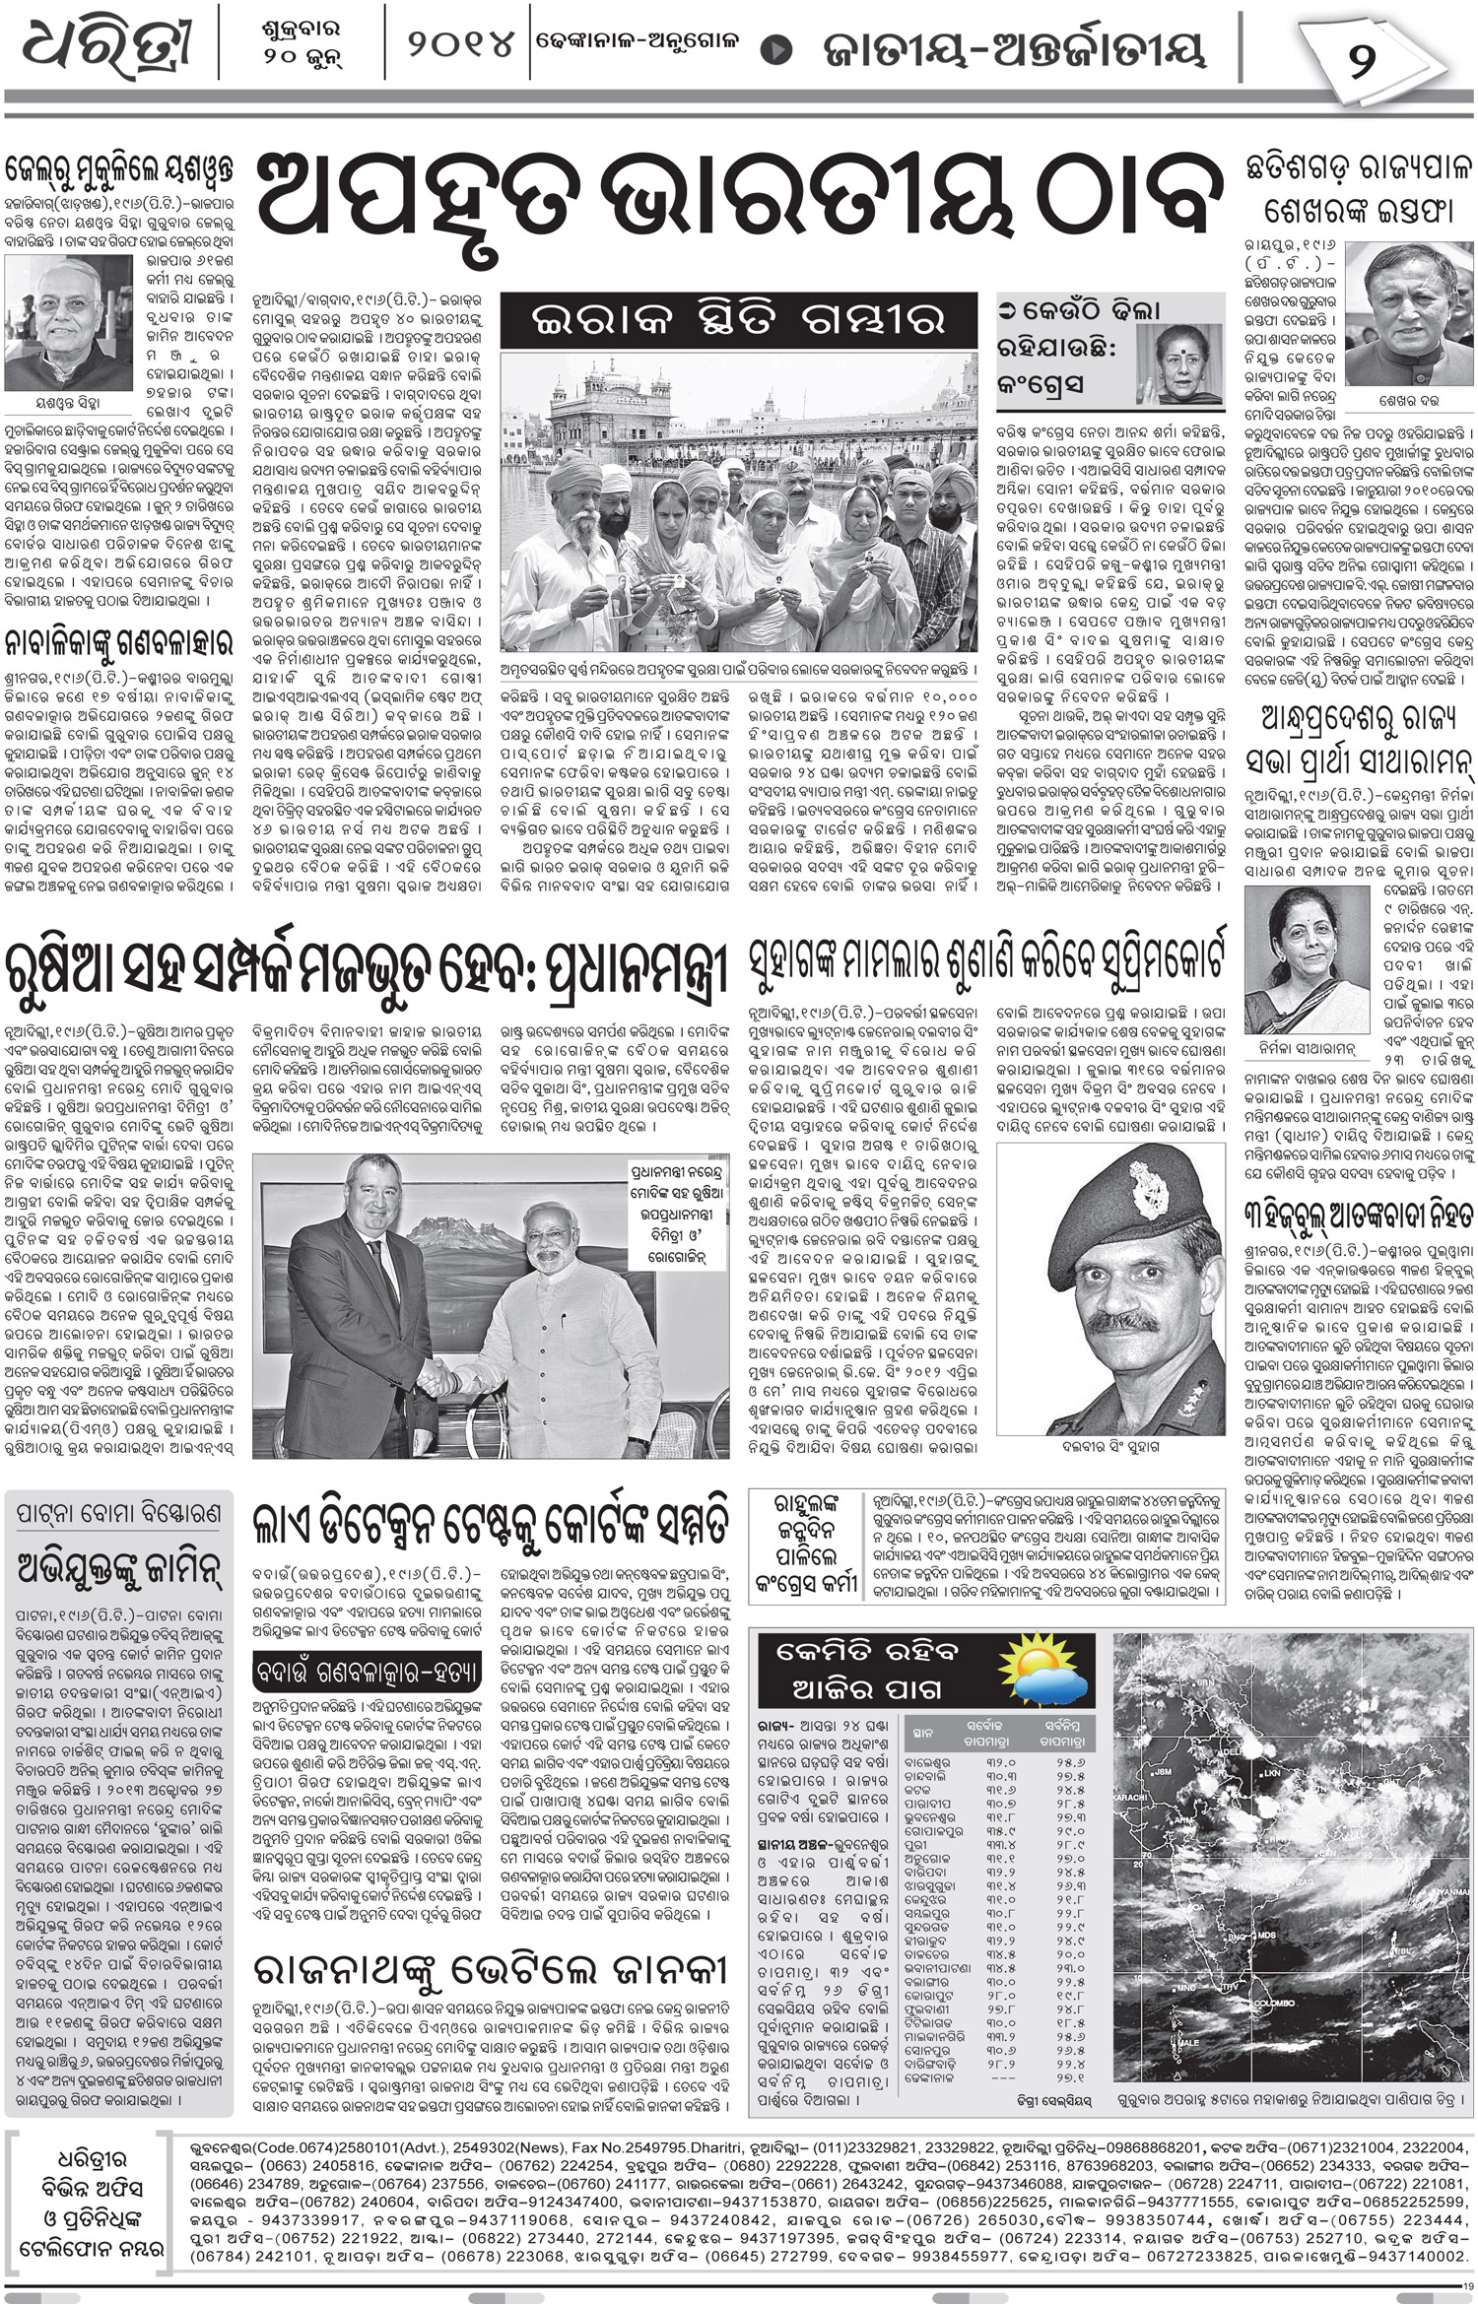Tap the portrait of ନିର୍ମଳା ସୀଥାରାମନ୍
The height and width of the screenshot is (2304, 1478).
click(x=1297, y=940)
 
